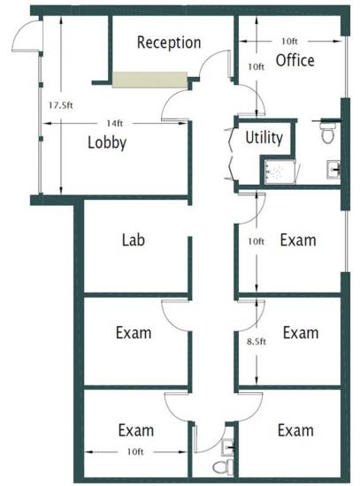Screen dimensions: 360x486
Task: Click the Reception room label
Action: [169, 42]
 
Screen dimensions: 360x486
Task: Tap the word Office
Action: [295, 60]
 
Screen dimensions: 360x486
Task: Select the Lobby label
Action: [107, 143]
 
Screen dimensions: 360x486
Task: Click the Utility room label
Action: [264, 138]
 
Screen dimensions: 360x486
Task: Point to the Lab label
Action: [134, 240]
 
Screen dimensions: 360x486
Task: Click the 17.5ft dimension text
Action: [61, 105]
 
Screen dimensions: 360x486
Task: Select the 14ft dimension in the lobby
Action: [114, 124]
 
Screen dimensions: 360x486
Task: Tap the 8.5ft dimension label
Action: [257, 342]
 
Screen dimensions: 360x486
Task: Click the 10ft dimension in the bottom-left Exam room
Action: [135, 452]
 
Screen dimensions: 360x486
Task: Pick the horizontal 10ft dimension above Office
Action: [289, 41]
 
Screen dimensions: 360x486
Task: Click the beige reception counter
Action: [149, 80]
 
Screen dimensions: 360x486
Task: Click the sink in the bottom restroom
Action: [228, 448]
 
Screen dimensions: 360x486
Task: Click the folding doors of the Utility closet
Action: [231, 154]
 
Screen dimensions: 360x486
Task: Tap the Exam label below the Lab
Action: [134, 333]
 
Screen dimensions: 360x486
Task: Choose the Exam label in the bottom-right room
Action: [295, 430]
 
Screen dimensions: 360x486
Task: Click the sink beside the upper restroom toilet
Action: [333, 170]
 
